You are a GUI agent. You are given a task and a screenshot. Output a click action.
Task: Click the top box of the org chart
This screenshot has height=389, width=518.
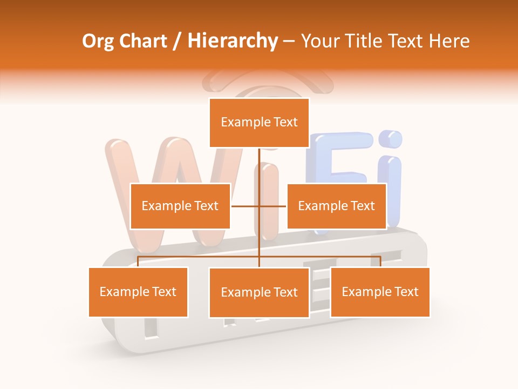click(x=259, y=123)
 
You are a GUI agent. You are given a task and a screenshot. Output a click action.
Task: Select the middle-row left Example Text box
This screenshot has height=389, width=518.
click(x=180, y=206)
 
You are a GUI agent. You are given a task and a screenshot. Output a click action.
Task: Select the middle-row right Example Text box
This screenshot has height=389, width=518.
click(x=336, y=206)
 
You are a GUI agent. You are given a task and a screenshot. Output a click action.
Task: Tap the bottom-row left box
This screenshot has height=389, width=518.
click(x=138, y=292)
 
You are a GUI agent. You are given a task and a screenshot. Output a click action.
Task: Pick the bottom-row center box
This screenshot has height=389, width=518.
click(x=259, y=292)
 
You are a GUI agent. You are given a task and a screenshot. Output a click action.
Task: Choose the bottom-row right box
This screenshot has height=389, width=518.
click(x=380, y=292)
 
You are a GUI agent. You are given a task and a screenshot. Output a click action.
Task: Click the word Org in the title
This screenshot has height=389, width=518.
click(x=98, y=41)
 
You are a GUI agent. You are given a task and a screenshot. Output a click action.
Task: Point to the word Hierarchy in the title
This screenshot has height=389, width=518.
click(x=233, y=41)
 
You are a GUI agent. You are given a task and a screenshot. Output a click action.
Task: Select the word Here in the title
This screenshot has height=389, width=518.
click(x=449, y=41)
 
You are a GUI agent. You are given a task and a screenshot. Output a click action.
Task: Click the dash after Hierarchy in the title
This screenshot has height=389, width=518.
click(x=289, y=42)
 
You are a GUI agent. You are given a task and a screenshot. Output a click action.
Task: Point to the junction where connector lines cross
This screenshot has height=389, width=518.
click(x=260, y=206)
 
